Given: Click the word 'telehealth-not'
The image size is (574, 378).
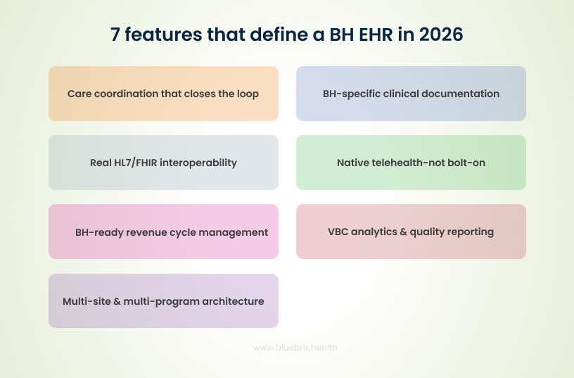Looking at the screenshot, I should click(412, 163).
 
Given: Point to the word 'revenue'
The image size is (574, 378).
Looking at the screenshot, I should click(151, 232).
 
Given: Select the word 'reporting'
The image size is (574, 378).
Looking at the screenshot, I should click(470, 232).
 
